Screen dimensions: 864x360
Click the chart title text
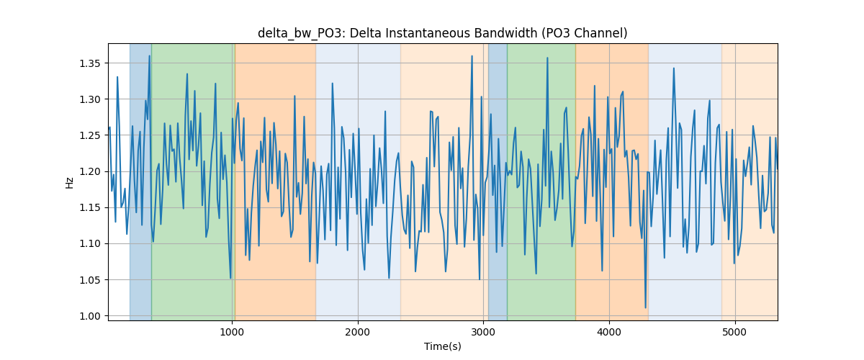(x=442, y=34)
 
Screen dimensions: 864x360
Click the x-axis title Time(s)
(x=442, y=346)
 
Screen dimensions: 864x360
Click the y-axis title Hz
(x=69, y=183)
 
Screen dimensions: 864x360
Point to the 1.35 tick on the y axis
(x=89, y=63)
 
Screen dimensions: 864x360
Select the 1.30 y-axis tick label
(x=89, y=99)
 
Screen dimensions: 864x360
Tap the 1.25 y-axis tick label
(x=89, y=135)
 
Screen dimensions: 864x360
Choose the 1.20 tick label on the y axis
(x=89, y=171)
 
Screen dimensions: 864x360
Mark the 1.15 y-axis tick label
(x=89, y=207)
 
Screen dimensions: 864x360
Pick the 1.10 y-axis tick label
(x=89, y=244)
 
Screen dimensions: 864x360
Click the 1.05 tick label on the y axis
(x=89, y=280)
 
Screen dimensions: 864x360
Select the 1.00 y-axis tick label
(x=89, y=316)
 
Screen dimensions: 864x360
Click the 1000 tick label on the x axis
(x=232, y=333)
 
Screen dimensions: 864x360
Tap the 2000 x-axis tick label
(x=358, y=333)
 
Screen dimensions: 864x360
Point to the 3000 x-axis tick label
(x=483, y=333)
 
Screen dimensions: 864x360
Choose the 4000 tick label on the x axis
(x=609, y=333)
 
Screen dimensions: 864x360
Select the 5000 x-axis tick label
(x=735, y=333)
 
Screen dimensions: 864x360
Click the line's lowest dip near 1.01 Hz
(x=645, y=307)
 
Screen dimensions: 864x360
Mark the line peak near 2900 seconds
(x=472, y=56)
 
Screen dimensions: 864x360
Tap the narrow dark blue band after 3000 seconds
(x=498, y=181)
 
